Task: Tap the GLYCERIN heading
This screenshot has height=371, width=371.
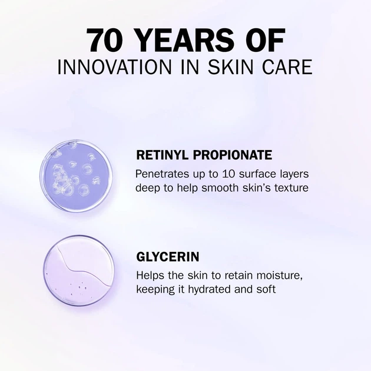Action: pyautogui.click(x=168, y=257)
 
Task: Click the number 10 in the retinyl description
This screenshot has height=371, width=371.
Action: pyautogui.click(x=230, y=174)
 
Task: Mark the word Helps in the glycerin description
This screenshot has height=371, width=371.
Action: pyautogui.click(x=151, y=276)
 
